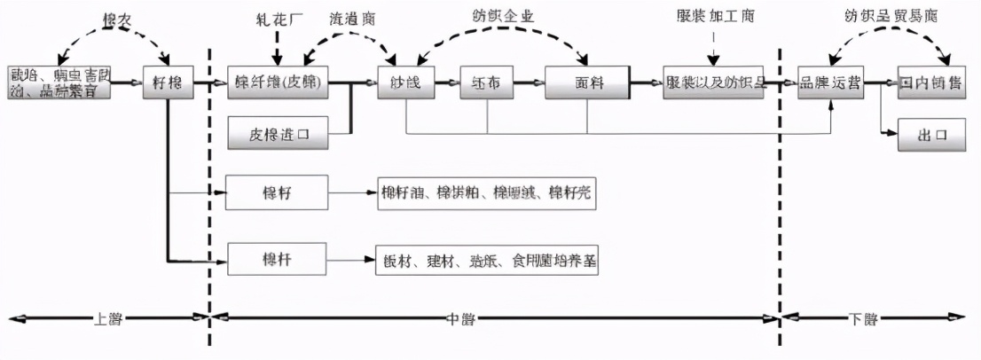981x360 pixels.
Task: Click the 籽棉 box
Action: pos(168,82)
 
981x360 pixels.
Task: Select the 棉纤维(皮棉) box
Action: pos(278,82)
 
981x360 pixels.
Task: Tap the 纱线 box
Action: pos(405,82)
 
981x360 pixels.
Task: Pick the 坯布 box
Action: pos(486,82)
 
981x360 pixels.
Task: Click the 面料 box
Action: pos(586,82)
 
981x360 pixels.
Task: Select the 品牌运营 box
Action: pos(831,82)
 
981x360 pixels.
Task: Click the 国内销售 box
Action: pos(930,82)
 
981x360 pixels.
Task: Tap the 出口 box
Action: pos(930,134)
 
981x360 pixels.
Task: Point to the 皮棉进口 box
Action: pos(278,134)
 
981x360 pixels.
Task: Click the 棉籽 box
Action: pos(278,192)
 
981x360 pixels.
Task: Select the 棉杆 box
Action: pos(278,259)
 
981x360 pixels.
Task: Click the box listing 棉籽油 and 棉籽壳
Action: pos(484,192)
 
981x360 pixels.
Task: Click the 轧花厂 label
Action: pos(278,18)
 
